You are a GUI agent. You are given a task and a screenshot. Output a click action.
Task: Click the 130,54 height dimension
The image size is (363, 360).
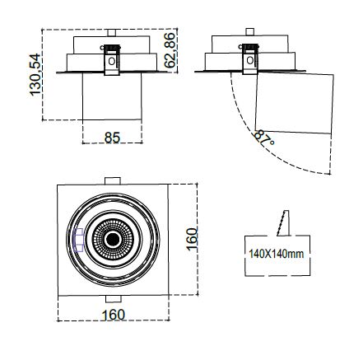tap(35, 75)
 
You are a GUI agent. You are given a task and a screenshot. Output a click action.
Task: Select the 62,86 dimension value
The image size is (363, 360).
tap(170, 50)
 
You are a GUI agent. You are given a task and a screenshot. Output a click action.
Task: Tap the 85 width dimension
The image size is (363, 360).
tap(112, 138)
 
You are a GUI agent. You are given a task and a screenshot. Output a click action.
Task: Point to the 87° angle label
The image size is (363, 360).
tap(263, 138)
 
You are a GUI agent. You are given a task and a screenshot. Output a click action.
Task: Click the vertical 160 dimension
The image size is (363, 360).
tap(192, 239)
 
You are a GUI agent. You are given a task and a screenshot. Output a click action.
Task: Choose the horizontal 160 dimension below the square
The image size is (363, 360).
tap(114, 315)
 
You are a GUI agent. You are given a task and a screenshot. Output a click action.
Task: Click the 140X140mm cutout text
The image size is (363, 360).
tap(277, 254)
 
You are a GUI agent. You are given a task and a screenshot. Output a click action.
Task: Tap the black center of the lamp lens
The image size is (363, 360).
tap(113, 240)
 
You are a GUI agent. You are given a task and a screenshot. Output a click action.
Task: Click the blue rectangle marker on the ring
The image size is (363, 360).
tap(79, 240)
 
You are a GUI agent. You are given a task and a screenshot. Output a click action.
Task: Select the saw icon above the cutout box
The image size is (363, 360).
tap(284, 223)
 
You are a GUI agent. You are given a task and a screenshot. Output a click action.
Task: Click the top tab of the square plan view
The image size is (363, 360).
tap(113, 181)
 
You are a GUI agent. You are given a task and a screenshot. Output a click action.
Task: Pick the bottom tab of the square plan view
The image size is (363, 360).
tap(114, 299)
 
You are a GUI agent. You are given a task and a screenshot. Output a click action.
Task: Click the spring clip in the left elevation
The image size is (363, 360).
tap(111, 59)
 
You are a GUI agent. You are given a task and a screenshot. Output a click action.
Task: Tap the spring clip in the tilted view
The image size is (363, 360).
tap(250, 58)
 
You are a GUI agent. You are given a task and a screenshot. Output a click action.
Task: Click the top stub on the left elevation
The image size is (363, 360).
tap(112, 33)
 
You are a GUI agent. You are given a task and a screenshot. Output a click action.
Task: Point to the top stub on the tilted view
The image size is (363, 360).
tap(250, 31)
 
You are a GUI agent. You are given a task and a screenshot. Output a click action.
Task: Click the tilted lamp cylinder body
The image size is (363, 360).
tap(295, 103)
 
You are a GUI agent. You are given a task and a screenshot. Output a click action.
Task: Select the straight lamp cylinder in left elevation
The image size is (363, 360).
tap(112, 96)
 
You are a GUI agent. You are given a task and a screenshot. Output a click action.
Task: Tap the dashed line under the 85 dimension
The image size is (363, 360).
tap(112, 143)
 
